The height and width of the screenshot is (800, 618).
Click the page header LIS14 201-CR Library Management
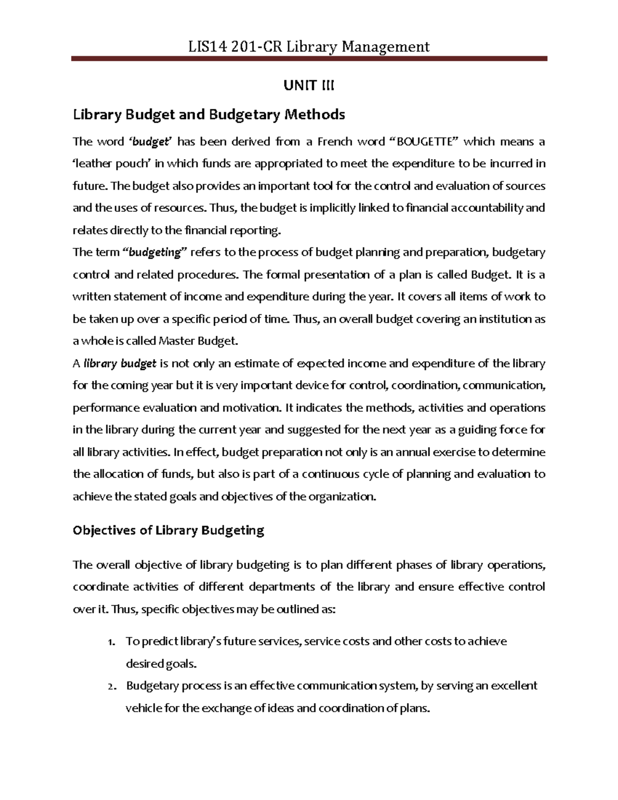308,47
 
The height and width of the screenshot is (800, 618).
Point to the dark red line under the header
308,60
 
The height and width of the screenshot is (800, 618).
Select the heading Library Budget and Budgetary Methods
209,114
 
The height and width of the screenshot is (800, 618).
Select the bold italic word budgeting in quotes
154,252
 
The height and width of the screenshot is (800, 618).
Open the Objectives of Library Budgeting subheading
168,531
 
